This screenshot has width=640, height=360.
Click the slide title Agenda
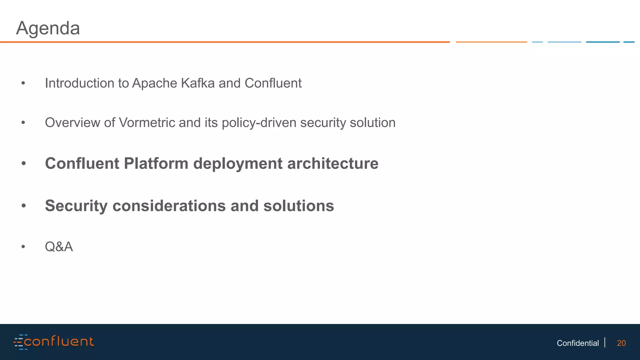point(48,28)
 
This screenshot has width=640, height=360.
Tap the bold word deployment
point(237,163)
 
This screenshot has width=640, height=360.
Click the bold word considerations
point(169,206)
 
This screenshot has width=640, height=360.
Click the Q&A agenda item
point(59,247)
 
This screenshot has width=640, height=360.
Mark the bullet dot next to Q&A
point(23,247)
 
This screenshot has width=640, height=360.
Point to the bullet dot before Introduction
point(23,83)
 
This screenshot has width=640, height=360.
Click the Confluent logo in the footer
point(54,342)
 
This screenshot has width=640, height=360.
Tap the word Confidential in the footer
point(577,343)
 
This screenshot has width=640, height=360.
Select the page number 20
point(621,343)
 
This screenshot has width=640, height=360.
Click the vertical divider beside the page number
point(605,342)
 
